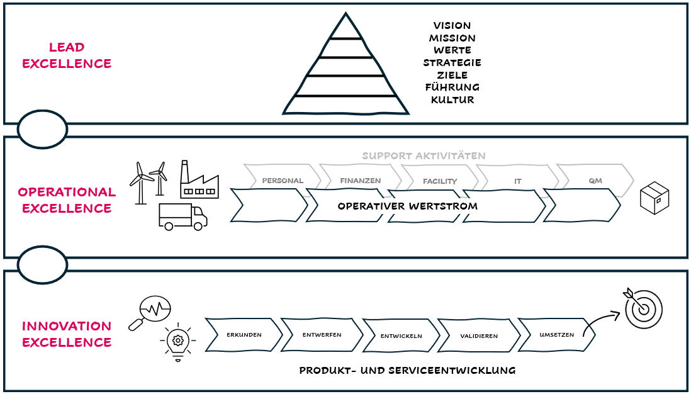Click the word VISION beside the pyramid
pos(452,26)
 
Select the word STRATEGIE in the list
pos(452,63)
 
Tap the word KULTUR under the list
pos(452,100)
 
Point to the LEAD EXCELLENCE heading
pos(67,55)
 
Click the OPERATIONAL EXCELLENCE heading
pos(67,200)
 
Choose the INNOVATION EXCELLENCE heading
pos(67,334)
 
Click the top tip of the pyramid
pos(345,14)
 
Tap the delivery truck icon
pos(183,217)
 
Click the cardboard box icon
pos(654,199)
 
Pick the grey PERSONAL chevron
pos(282,181)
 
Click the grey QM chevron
pos(595,181)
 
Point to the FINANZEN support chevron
pos(360,181)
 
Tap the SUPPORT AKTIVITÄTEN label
pos(424,155)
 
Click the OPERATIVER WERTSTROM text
pos(407,206)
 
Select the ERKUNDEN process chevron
pos(244,335)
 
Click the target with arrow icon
pos(643,307)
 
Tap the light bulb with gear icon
pos(178,342)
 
